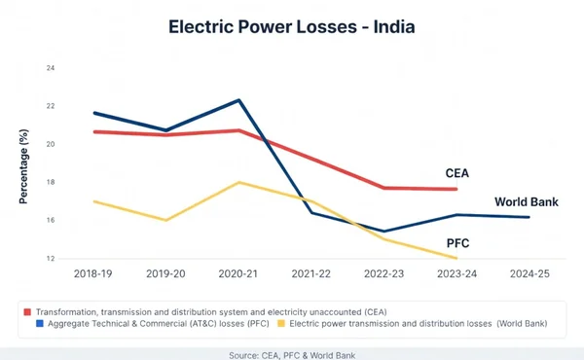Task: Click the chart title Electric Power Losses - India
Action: click(292, 26)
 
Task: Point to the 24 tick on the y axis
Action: click(51, 68)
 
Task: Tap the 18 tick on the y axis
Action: click(51, 182)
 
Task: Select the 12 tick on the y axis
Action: click(51, 259)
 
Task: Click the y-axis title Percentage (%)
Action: click(21, 163)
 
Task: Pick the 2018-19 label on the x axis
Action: click(93, 275)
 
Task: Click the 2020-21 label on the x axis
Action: click(239, 275)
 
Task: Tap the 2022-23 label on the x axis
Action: click(384, 275)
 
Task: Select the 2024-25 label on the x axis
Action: click(529, 275)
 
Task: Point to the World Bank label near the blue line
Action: click(525, 202)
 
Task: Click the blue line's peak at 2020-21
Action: click(239, 100)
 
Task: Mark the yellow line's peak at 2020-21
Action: click(239, 182)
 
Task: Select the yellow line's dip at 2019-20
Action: click(166, 220)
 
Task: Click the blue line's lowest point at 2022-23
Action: click(384, 231)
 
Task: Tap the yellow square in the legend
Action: click(282, 322)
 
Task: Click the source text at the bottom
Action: click(292, 354)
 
